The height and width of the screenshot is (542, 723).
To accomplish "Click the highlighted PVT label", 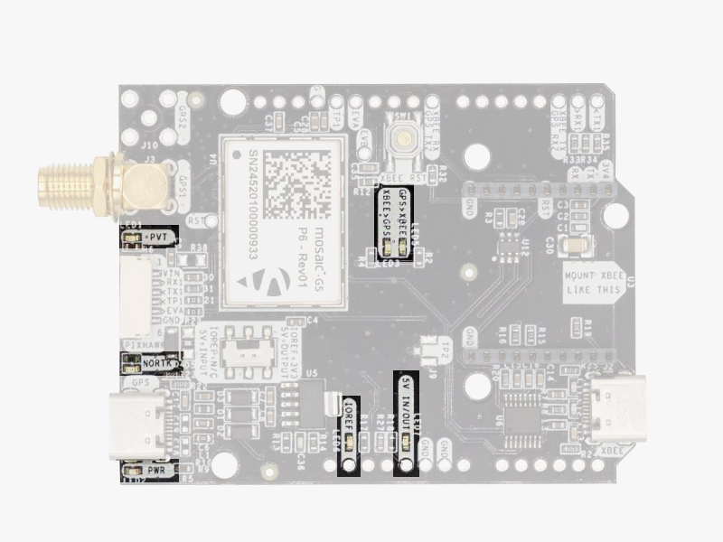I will pyautogui.click(x=157, y=236).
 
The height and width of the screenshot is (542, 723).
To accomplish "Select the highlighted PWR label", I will pyautogui.click(x=155, y=471).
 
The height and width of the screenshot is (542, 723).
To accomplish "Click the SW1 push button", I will pyautogui.click(x=400, y=140).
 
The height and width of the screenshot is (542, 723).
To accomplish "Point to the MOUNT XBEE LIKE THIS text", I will pyautogui.click(x=592, y=282).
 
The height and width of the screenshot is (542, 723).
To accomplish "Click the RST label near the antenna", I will pyautogui.click(x=195, y=220).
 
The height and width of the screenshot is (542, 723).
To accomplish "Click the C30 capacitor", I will pyautogui.click(x=579, y=244).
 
